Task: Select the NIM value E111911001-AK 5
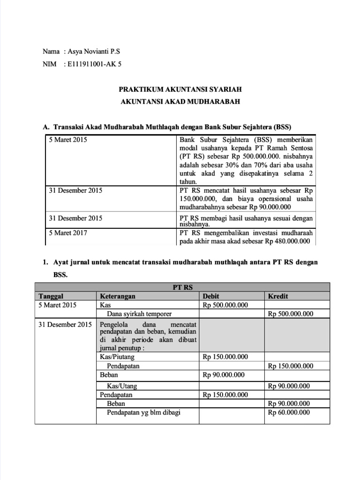[94, 64]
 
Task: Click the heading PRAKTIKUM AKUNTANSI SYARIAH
[180, 89]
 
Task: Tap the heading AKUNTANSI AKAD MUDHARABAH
[180, 101]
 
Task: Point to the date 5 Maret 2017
[68, 232]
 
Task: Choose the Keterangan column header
[118, 296]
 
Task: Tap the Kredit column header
[277, 296]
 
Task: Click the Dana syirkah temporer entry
[139, 314]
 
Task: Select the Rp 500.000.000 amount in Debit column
[225, 305]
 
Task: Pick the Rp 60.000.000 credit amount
[289, 412]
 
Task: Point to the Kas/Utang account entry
[122, 386]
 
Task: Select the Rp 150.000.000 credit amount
[290, 366]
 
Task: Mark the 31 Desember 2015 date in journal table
[65, 324]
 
